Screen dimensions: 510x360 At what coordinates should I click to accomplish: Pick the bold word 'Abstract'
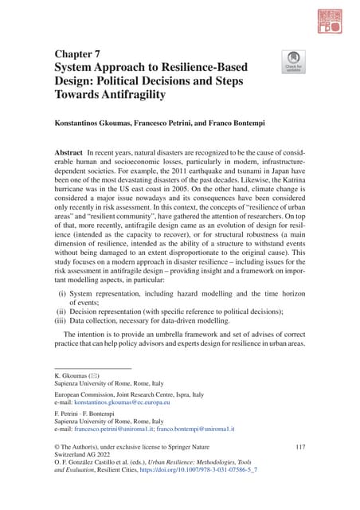70,151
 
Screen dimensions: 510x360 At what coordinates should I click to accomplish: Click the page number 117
299,451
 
